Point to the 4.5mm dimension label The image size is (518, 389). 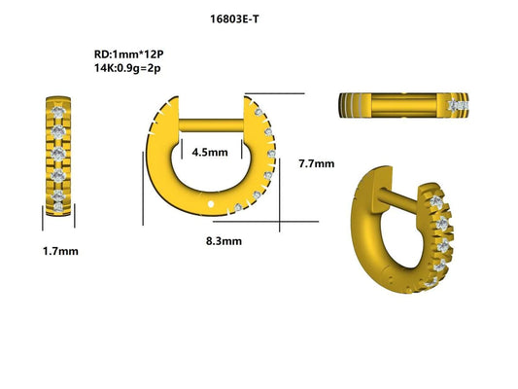click(x=209, y=153)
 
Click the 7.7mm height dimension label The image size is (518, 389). click(x=316, y=162)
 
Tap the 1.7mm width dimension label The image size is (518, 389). click(x=60, y=251)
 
